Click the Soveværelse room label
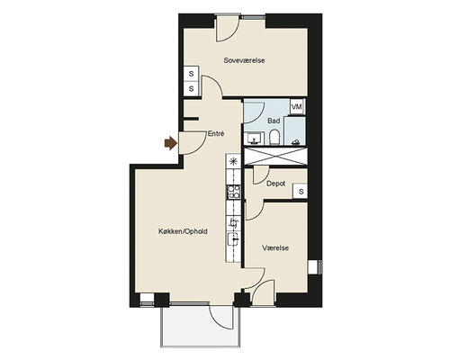point(244,60)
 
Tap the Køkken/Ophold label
point(183,231)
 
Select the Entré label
point(216,133)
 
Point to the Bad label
point(274,121)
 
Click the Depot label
point(275,184)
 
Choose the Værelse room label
point(275,248)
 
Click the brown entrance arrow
point(171,143)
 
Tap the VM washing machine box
point(297,107)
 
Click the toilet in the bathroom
point(274,138)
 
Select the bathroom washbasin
point(255,139)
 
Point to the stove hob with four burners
point(233,192)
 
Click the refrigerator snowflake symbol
point(233,162)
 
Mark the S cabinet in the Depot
point(301,191)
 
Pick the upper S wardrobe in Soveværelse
point(191,74)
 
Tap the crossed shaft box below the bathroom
point(276,156)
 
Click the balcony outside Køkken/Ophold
point(201,327)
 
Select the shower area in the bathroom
point(295,131)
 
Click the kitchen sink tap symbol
point(234,222)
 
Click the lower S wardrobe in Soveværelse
point(191,89)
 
